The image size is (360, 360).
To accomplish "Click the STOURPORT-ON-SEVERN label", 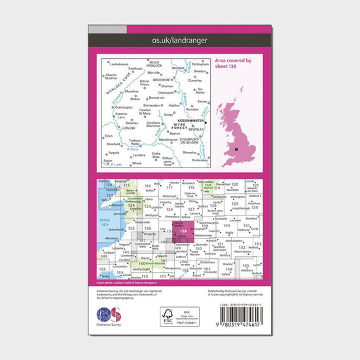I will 192,139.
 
